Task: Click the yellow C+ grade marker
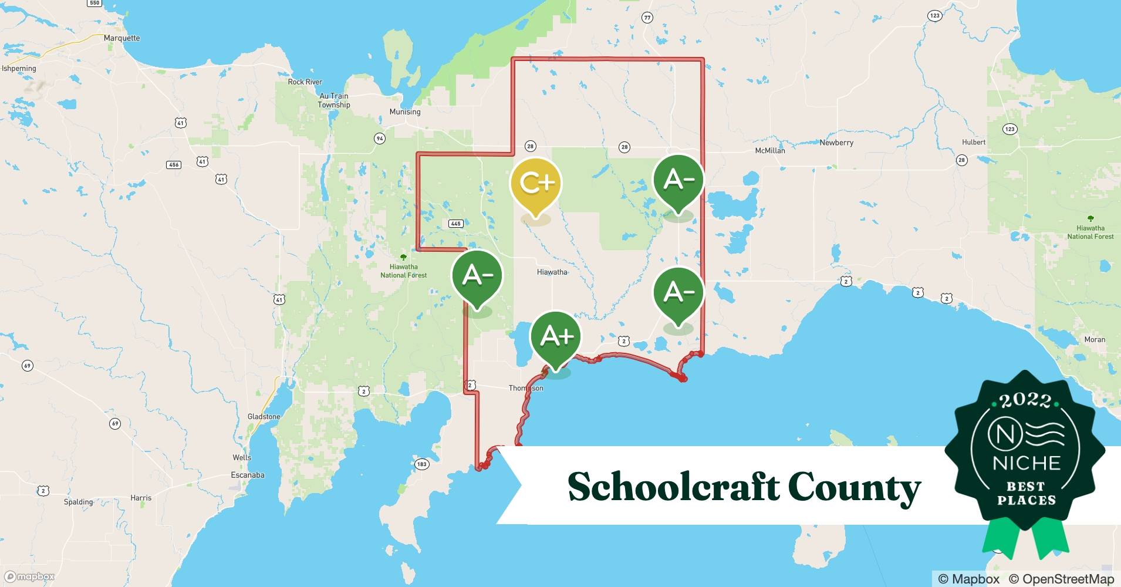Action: point(535,183)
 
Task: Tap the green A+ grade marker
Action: point(555,336)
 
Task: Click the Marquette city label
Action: point(121,38)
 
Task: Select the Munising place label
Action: point(405,112)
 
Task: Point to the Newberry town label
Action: point(836,143)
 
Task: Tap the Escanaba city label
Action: point(248,475)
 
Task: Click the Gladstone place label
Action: point(264,417)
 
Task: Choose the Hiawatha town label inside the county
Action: point(552,272)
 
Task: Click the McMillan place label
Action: point(769,151)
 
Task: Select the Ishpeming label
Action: point(19,69)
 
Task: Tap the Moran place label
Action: point(1095,340)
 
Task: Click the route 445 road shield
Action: point(455,224)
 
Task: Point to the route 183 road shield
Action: point(421,464)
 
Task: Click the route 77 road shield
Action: point(647,18)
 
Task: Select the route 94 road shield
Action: point(380,139)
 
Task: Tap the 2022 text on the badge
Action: point(1025,400)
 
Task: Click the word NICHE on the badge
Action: point(1026,463)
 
